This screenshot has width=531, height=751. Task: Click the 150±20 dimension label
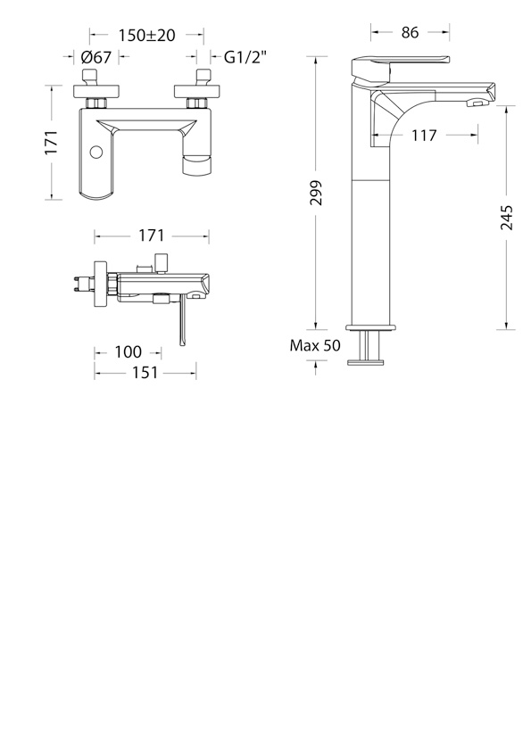click(147, 35)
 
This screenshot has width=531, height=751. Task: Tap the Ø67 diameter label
click(96, 57)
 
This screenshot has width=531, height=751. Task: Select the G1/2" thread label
click(245, 57)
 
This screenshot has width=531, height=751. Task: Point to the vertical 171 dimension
click(52, 142)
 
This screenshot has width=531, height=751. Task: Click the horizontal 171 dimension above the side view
click(152, 235)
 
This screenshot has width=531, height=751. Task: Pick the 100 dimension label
click(128, 352)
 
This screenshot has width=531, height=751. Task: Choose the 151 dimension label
click(145, 372)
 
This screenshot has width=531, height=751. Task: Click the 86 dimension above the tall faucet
click(411, 32)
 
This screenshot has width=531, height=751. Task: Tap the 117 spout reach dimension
click(424, 136)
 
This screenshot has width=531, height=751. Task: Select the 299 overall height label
click(316, 193)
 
